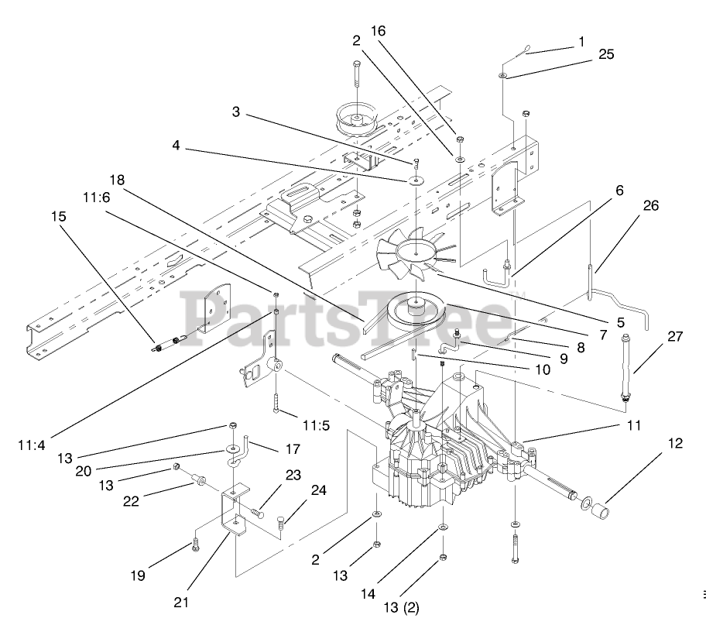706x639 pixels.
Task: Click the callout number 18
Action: tap(117, 180)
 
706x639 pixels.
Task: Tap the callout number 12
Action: tap(676, 443)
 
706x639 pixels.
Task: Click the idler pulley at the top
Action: tap(357, 119)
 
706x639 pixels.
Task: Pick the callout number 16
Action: tap(378, 31)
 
